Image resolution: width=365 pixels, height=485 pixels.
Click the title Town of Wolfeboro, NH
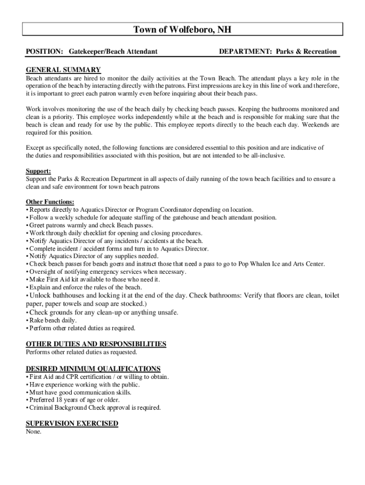(182, 30)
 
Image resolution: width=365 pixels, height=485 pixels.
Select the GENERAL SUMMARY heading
(63, 70)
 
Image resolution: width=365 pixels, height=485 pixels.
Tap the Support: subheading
(38, 171)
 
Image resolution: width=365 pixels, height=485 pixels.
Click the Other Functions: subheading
(50, 202)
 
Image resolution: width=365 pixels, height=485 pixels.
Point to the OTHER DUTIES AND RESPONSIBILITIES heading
(96, 344)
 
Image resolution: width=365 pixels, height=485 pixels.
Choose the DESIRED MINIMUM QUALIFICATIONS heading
(93, 368)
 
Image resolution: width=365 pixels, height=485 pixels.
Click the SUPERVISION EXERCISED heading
(72, 423)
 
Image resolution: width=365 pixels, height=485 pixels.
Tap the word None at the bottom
(34, 431)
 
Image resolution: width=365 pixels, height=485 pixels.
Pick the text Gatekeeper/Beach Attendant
(113, 51)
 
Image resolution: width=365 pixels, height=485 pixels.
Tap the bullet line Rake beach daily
(53, 320)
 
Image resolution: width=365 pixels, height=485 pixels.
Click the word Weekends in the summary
(316, 125)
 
